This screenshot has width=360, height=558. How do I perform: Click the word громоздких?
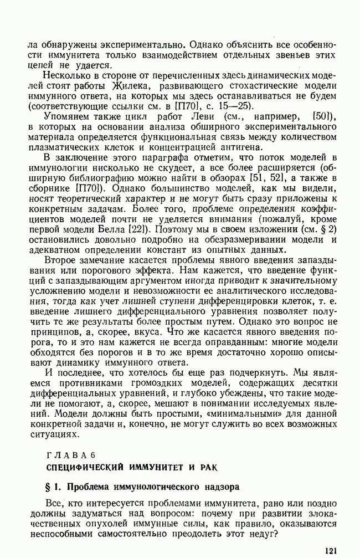click(139, 384)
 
